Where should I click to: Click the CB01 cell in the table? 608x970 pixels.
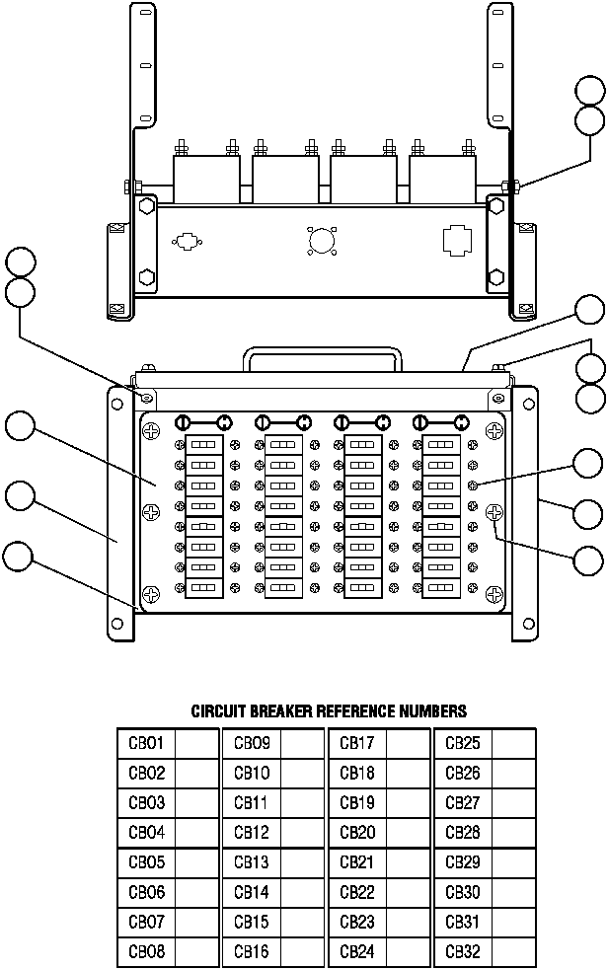click(x=146, y=743)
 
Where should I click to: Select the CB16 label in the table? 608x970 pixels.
click(x=252, y=951)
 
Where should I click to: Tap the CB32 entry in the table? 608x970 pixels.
click(x=463, y=951)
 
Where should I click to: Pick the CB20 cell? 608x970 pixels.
click(x=357, y=833)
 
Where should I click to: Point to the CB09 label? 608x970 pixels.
click(x=252, y=743)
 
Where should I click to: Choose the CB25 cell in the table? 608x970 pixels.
click(x=463, y=743)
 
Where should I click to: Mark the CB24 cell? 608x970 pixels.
click(x=357, y=951)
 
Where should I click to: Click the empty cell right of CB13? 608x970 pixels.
click(x=301, y=862)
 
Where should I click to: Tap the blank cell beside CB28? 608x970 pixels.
click(x=513, y=833)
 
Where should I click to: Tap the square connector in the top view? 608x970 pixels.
click(x=456, y=240)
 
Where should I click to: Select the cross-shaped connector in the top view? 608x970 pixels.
click(x=186, y=240)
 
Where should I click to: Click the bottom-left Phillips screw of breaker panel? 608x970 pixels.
click(x=151, y=593)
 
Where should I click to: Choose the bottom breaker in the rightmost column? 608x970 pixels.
click(x=441, y=588)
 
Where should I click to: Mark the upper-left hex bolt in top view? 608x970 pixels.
click(x=146, y=207)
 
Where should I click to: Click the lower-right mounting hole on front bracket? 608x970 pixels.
click(x=521, y=625)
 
